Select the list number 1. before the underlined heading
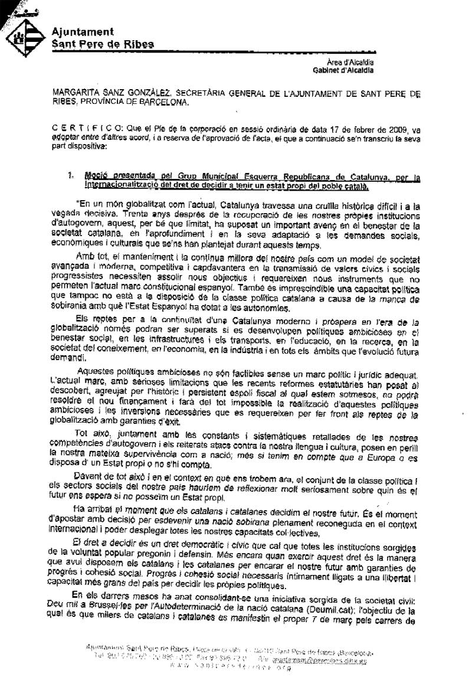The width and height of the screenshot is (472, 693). pos(71,175)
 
